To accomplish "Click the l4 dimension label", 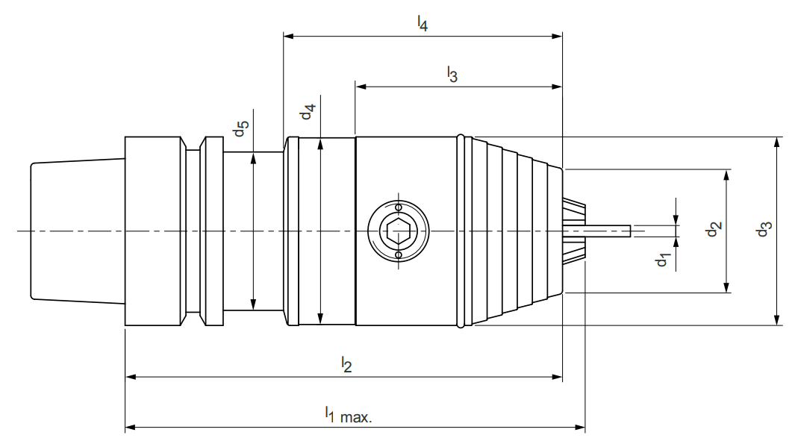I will point(423,23).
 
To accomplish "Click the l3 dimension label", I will point(452,74).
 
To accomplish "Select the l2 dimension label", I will point(346,364).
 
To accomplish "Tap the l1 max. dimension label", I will point(347,414).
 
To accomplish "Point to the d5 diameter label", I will point(239,129).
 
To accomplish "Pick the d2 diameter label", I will point(713,230).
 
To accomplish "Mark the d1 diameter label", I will point(662,260).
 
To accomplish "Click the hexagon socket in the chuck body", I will point(398,231).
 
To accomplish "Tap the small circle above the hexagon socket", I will point(398,207).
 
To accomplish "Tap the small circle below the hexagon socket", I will point(398,256).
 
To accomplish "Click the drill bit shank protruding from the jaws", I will point(608,231).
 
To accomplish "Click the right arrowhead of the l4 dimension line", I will point(557,35).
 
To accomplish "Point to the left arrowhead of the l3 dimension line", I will point(361,87).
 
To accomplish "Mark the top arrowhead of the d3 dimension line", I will point(777,142).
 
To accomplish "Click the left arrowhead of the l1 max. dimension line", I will point(130,428).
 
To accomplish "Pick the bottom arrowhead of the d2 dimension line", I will point(726,287).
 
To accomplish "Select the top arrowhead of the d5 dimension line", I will point(254,157).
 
